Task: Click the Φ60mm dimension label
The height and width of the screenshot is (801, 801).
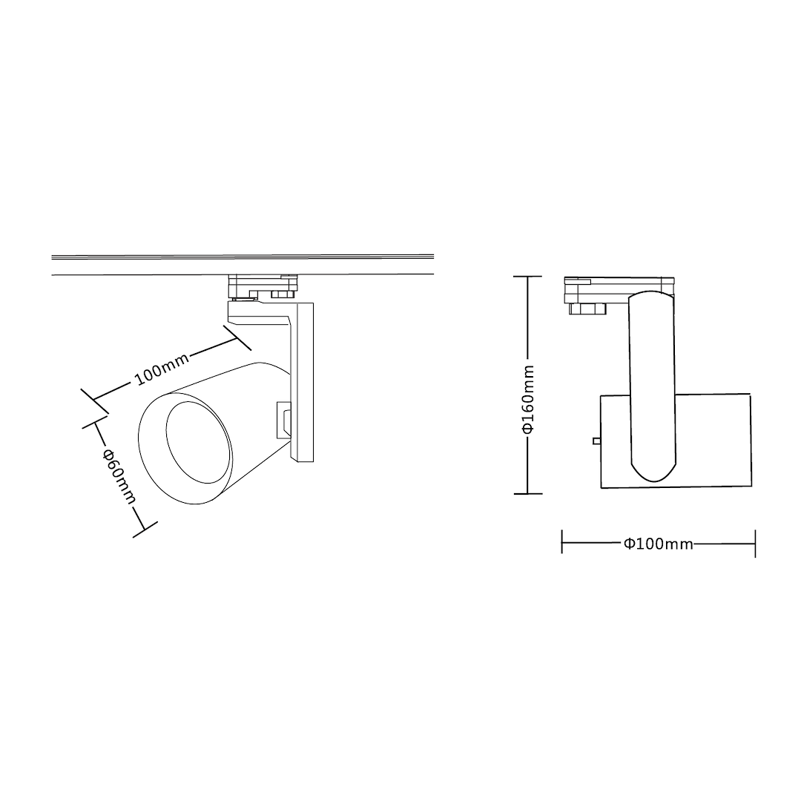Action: click(x=119, y=476)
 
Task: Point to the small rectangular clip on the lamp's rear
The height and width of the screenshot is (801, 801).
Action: click(x=283, y=420)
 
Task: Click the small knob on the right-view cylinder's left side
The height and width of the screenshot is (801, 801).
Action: click(x=596, y=441)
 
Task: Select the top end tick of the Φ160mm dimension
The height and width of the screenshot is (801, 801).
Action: click(x=528, y=277)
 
